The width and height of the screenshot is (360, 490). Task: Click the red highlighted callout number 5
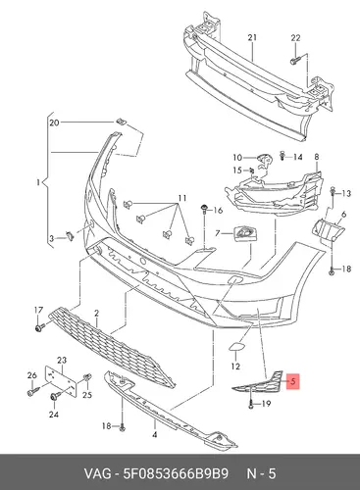(x=292, y=381)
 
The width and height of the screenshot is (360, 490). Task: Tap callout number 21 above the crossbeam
(x=252, y=37)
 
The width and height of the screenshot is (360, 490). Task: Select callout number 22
(x=295, y=38)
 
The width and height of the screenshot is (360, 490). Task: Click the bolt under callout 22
(x=295, y=61)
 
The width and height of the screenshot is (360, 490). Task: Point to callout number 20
(x=54, y=122)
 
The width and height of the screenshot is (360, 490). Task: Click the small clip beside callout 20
(x=121, y=122)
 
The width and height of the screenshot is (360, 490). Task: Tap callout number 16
(x=218, y=210)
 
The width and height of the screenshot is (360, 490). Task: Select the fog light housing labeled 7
(x=245, y=234)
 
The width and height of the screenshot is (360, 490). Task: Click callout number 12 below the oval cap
(x=235, y=367)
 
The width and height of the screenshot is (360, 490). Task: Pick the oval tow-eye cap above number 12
(x=235, y=346)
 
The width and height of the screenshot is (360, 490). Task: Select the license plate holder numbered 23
(x=61, y=381)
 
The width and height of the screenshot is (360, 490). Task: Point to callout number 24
(x=54, y=415)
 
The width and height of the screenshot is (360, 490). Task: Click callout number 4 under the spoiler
(x=155, y=435)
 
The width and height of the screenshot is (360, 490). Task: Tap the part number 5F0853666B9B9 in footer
(x=176, y=473)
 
